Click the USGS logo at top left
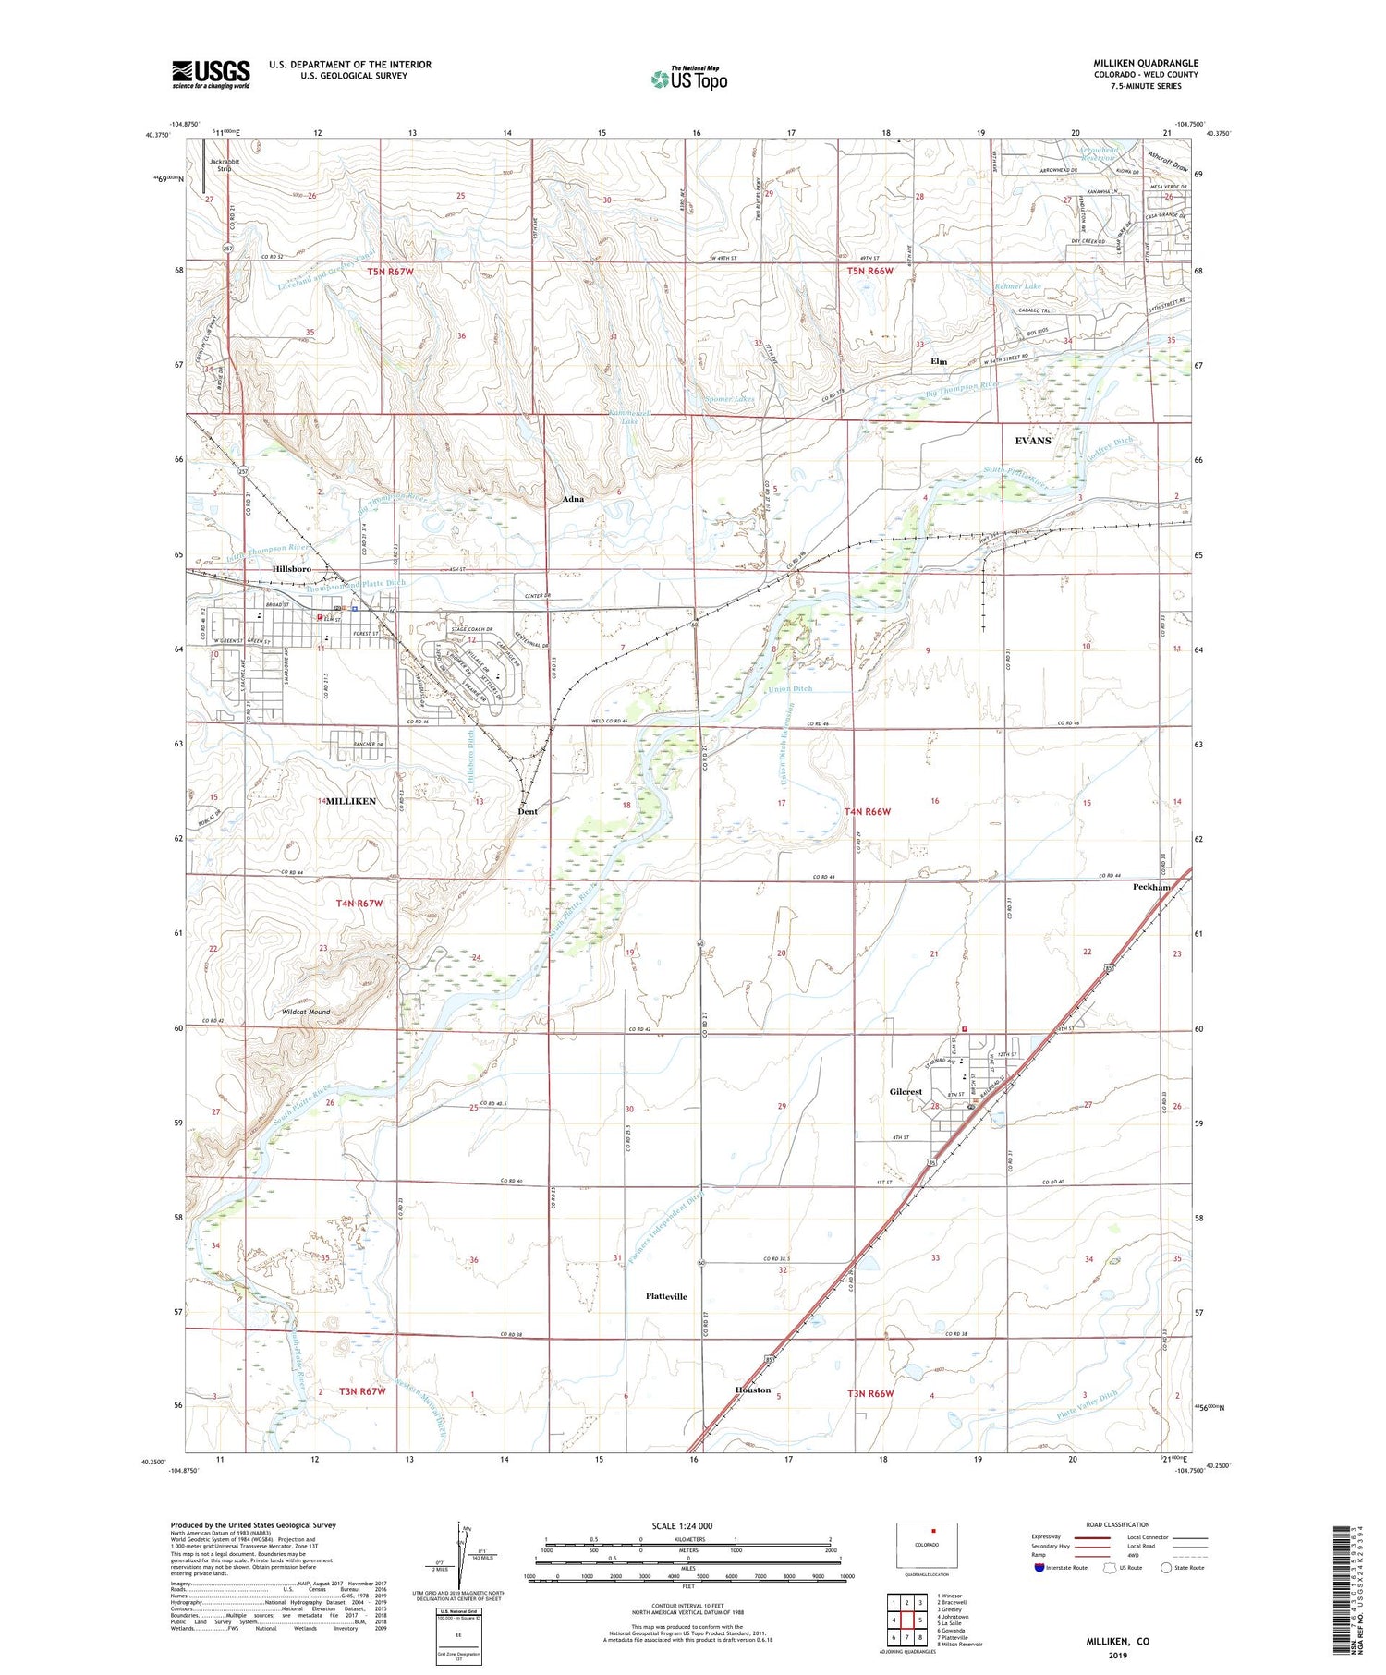[211, 74]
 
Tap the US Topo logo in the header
[689, 79]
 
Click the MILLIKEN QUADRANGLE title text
[1145, 63]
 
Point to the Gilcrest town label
[906, 1092]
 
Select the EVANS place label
[1032, 441]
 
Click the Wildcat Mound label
[305, 1012]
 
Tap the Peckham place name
[1151, 887]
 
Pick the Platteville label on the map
[666, 1296]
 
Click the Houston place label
[752, 1390]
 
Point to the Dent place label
[527, 811]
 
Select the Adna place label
[573, 499]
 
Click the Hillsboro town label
[291, 569]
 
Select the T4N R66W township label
[868, 811]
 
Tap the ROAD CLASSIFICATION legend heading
[1118, 1524]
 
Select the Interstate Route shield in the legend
[1039, 1568]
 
